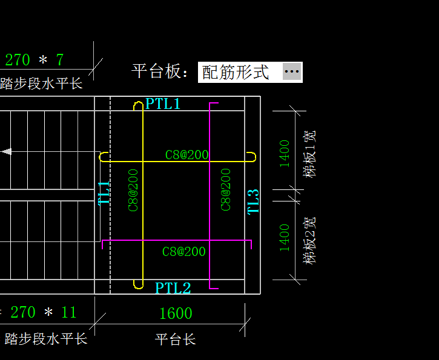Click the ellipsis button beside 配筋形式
[x=292, y=71]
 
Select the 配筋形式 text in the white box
[x=236, y=72]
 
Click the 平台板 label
[x=160, y=71]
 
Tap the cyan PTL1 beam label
[x=163, y=103]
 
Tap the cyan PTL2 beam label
[x=173, y=287]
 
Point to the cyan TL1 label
[x=104, y=193]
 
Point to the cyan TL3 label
[x=253, y=201]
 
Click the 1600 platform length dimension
[x=176, y=313]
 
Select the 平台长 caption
[x=175, y=339]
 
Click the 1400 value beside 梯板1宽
[x=285, y=154]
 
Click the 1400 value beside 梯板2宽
[x=285, y=238]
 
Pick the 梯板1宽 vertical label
[x=309, y=154]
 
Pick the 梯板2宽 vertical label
[x=309, y=241]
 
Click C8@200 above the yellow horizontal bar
[x=186, y=155]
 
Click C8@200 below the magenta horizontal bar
[x=184, y=252]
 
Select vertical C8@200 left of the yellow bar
[x=133, y=190]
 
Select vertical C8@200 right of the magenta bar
[x=226, y=189]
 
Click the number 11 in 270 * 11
[x=68, y=312]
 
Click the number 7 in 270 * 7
[x=60, y=59]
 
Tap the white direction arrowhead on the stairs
[x=7, y=152]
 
